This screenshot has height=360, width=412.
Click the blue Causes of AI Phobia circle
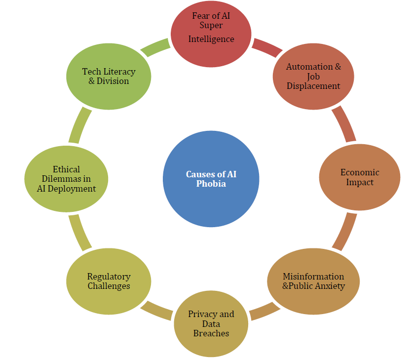[x=211, y=179]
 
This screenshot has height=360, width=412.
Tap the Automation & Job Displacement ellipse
[x=313, y=76]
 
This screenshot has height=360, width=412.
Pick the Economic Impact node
[x=359, y=177]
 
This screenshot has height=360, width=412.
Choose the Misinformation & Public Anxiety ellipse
[x=313, y=281]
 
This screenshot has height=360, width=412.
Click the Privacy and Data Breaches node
[x=211, y=323]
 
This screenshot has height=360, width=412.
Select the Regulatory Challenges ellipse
[x=109, y=281]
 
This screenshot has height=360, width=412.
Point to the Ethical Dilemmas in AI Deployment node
[x=66, y=178]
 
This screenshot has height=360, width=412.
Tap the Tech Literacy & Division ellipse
[x=109, y=76]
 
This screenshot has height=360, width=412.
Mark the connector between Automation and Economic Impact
[x=343, y=123]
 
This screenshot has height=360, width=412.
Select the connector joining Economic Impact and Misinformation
[x=344, y=231]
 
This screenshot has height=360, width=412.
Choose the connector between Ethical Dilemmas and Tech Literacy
[x=79, y=125]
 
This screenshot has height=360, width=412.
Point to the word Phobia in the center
[x=211, y=184]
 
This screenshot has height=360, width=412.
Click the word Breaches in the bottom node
[x=211, y=333]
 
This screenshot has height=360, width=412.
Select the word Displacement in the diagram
[x=313, y=86]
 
